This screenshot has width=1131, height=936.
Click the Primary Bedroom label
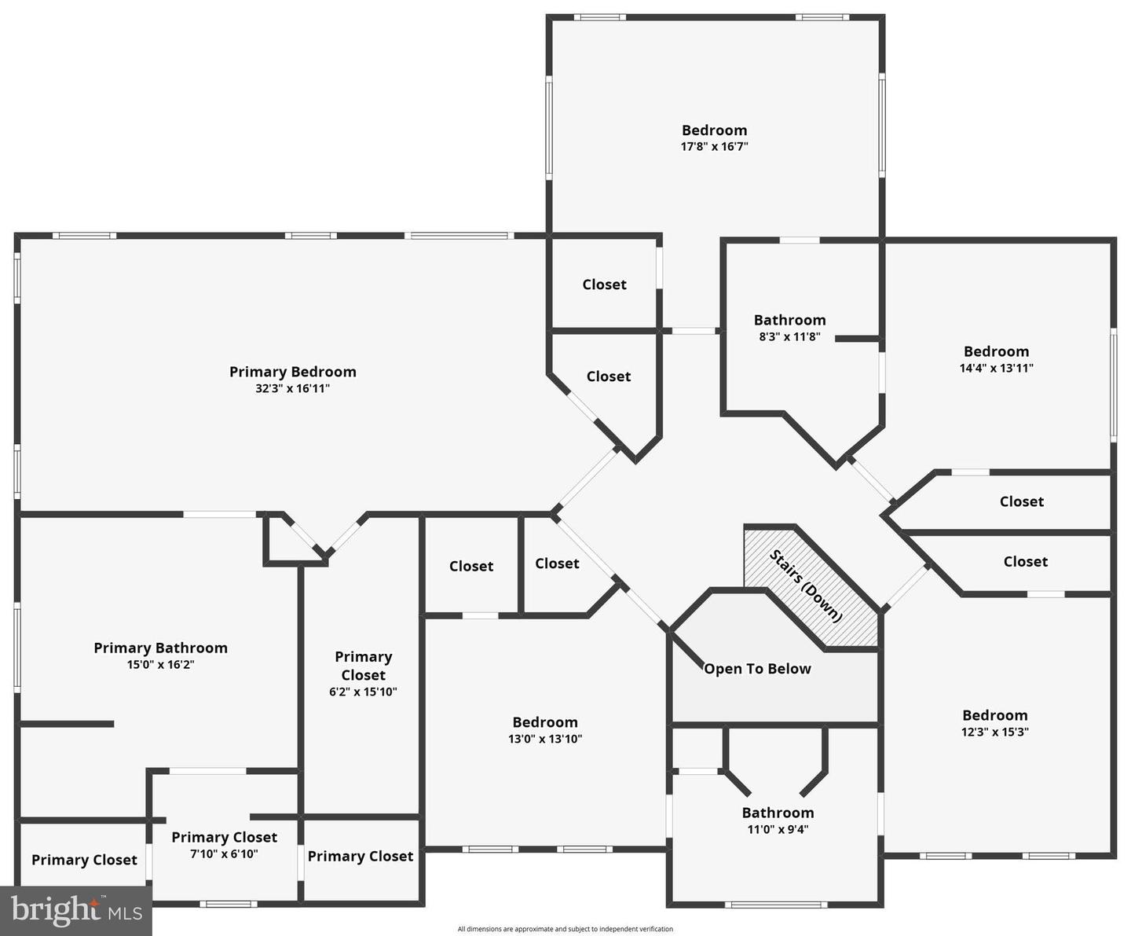click(292, 372)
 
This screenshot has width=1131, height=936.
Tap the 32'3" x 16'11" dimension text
click(292, 389)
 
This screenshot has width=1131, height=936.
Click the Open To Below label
click(757, 669)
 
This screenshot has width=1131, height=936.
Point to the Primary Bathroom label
click(160, 648)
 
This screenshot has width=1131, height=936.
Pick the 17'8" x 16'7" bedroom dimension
click(714, 146)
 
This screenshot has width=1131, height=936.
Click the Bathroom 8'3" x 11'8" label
click(789, 320)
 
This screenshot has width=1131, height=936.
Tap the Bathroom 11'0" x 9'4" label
click(778, 813)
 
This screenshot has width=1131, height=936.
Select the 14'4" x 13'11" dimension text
click(996, 368)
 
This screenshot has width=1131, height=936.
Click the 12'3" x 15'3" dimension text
click(994, 732)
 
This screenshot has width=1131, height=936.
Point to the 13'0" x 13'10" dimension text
click(545, 739)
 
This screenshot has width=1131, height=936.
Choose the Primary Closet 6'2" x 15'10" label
click(363, 666)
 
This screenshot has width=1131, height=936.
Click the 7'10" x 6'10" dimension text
click(224, 854)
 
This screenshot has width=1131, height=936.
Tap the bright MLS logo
click(76, 910)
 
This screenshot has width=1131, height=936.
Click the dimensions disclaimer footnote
click(565, 929)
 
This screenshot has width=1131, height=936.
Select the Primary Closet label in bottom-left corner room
click(84, 860)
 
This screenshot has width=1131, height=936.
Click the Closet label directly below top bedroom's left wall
click(604, 284)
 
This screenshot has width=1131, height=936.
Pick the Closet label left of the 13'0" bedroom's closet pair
click(471, 566)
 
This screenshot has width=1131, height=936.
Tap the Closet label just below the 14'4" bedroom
click(1021, 501)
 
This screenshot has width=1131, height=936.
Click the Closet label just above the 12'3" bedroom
click(1025, 561)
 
